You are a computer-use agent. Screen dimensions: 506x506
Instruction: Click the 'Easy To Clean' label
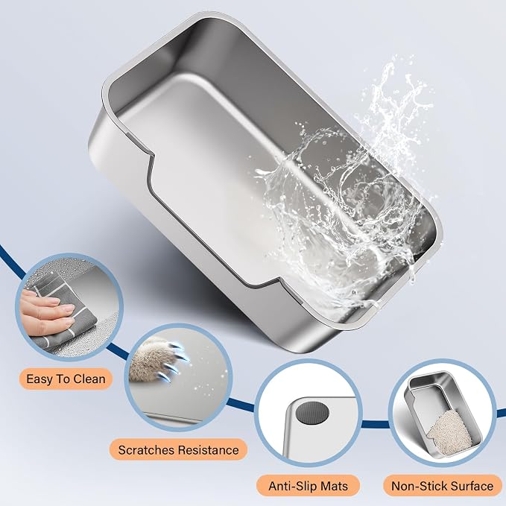[66, 379]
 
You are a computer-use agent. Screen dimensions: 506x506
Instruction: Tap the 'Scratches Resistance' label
[178, 450]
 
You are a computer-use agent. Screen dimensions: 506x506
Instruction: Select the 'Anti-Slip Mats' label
[309, 486]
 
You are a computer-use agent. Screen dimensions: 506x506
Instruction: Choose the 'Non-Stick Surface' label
[443, 486]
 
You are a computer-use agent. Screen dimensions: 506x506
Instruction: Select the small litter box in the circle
[443, 416]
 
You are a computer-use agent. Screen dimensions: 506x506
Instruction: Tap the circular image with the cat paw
[178, 378]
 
